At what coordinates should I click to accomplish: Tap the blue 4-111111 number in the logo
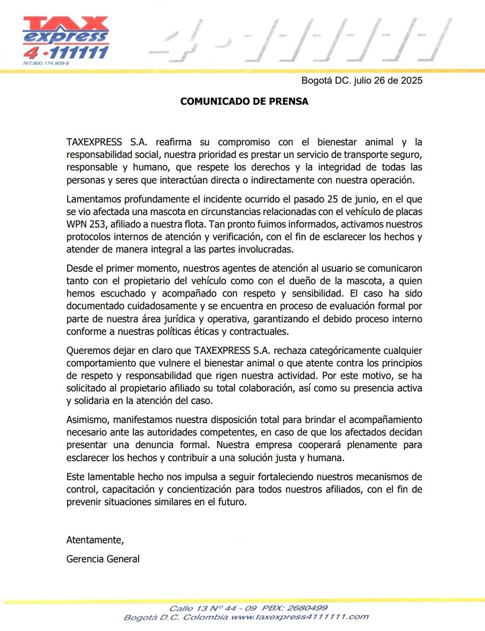[66, 53]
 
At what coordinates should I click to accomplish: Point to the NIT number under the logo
[46, 63]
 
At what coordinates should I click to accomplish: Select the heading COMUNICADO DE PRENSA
[244, 101]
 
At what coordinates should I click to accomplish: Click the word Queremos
[87, 351]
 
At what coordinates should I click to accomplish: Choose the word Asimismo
[87, 420]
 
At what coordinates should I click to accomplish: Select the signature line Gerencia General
[103, 559]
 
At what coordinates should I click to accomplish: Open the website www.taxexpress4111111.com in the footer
[300, 617]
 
